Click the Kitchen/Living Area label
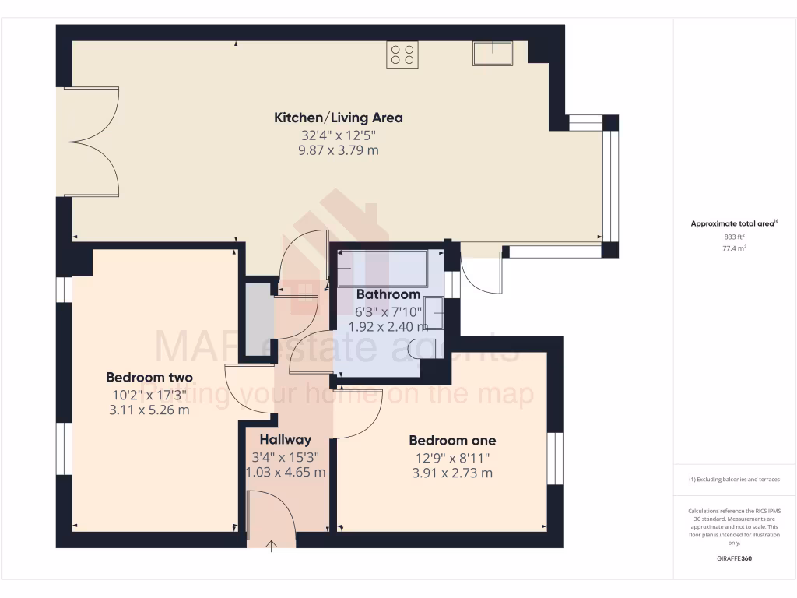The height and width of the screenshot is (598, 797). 338,118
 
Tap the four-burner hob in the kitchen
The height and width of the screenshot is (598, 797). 402,55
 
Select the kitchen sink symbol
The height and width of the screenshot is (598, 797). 493,53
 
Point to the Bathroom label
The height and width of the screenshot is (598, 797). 388,294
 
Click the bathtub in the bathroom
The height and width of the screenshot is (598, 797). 382,269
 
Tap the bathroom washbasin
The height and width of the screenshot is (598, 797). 435,314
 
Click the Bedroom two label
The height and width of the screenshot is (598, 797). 149,378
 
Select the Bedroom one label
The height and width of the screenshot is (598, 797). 452,441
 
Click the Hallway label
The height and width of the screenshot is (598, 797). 286,439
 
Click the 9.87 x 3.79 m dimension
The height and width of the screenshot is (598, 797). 338,150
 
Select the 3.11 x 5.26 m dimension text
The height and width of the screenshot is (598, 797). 149,410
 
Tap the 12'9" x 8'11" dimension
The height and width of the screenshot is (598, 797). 452,457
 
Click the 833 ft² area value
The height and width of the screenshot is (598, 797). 734,237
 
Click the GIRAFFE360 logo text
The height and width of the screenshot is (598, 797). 734,558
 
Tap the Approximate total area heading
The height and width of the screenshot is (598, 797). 734,223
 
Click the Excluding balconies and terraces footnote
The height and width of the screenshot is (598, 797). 734,480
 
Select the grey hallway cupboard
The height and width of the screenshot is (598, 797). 256,320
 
